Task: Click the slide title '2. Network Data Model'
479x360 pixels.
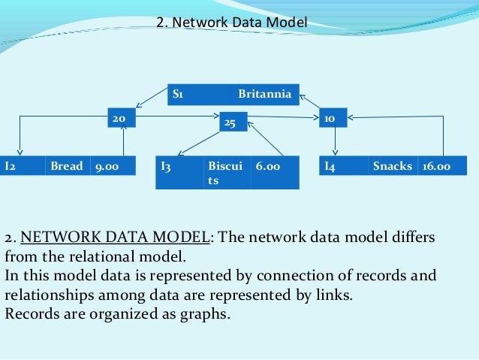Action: coord(232,23)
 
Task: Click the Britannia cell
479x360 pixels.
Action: coord(266,94)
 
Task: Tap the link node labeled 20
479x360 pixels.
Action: coord(119,118)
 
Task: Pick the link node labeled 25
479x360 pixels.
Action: coord(231,122)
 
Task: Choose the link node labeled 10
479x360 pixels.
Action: coord(330,118)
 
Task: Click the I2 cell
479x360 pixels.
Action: coord(23,165)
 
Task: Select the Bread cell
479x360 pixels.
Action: coord(67,165)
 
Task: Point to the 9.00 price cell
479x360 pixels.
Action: coord(113,165)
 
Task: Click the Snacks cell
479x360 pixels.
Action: coord(393,165)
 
